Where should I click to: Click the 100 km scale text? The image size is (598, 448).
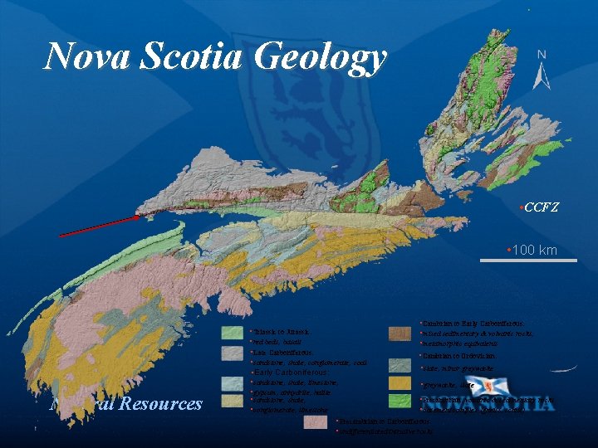(x=534, y=250)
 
